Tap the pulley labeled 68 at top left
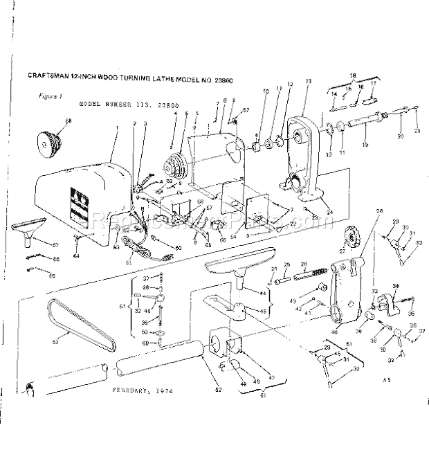pyautogui.click(x=46, y=145)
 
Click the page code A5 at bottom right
pyautogui.click(x=384, y=381)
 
